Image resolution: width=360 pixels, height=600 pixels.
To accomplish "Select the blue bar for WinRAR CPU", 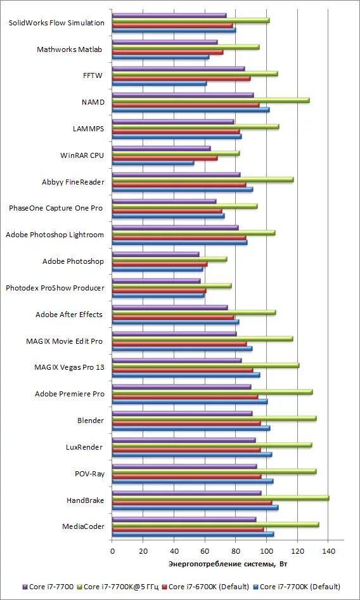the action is (153, 162).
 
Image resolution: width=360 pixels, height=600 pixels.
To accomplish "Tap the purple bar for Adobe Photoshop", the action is (156, 254).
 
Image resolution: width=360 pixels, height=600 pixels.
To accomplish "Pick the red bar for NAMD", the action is (186, 105).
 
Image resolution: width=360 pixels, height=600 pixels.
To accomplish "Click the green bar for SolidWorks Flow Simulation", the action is (191, 20).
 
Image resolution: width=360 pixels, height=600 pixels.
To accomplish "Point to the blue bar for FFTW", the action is (160, 83).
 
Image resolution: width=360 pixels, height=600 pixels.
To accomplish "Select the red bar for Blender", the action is (186, 423).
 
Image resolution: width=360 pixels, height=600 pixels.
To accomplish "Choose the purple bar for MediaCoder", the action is (184, 519).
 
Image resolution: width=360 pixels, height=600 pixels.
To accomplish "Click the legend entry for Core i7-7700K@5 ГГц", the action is (119, 586).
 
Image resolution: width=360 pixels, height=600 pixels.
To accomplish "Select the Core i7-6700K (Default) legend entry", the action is (206, 586).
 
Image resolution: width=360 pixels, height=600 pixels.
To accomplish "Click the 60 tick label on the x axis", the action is (205, 551).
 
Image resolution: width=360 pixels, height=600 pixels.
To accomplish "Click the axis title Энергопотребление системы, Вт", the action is (228, 564).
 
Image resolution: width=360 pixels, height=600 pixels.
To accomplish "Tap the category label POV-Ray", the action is (89, 474).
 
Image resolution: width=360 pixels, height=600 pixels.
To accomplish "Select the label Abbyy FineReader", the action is (73, 182).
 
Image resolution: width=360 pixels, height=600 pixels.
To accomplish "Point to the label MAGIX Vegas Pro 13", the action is (70, 367).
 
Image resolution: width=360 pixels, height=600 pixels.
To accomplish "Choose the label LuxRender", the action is (84, 447).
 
